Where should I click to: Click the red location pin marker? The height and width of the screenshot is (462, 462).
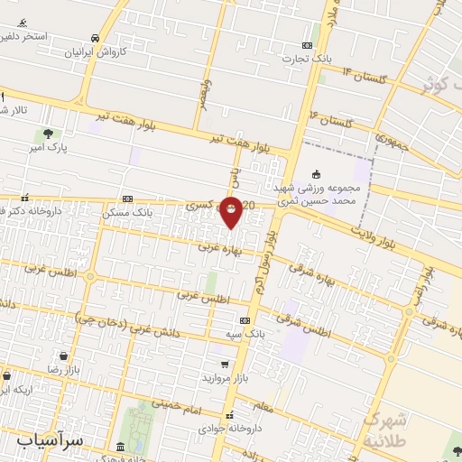pos(232,212)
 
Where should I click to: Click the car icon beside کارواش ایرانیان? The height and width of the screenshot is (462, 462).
pos(96,38)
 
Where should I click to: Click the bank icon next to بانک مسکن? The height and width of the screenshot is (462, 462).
pos(128,199)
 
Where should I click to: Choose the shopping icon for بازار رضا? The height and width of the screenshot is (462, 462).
pos(63,357)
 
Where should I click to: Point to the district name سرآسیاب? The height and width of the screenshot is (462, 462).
pos(51,440)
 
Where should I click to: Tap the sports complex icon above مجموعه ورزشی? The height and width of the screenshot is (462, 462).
pos(315,174)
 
